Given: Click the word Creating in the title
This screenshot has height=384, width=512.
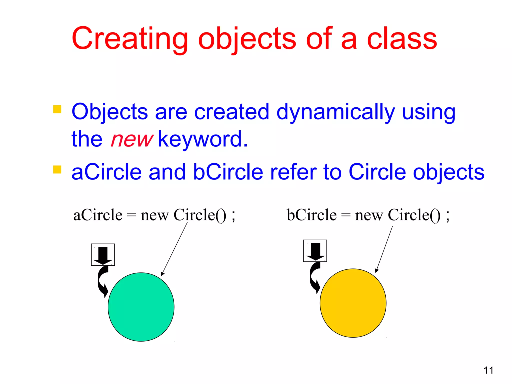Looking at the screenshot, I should click(129, 39).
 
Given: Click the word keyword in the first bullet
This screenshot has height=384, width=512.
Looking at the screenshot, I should click(202, 139).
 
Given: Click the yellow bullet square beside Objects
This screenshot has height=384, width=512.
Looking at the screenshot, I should click(57, 109).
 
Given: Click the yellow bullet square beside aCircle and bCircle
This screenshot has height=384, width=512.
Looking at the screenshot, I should click(57, 169).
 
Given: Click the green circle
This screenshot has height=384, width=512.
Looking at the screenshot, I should click(141, 307).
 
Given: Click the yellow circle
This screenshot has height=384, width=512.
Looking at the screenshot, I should click(353, 303).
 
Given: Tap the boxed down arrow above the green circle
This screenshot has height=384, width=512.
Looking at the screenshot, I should click(103, 255).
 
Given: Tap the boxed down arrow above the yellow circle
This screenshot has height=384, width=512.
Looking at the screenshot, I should click(315, 251).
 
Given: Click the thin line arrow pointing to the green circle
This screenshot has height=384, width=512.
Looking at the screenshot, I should click(174, 249).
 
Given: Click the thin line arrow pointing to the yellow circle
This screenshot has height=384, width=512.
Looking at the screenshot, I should click(384, 249).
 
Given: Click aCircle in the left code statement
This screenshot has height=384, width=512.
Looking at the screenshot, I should click(98, 215).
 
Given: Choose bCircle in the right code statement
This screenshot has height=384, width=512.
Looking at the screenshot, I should click(311, 215).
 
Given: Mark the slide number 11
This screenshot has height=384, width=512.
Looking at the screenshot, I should click(488, 370).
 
